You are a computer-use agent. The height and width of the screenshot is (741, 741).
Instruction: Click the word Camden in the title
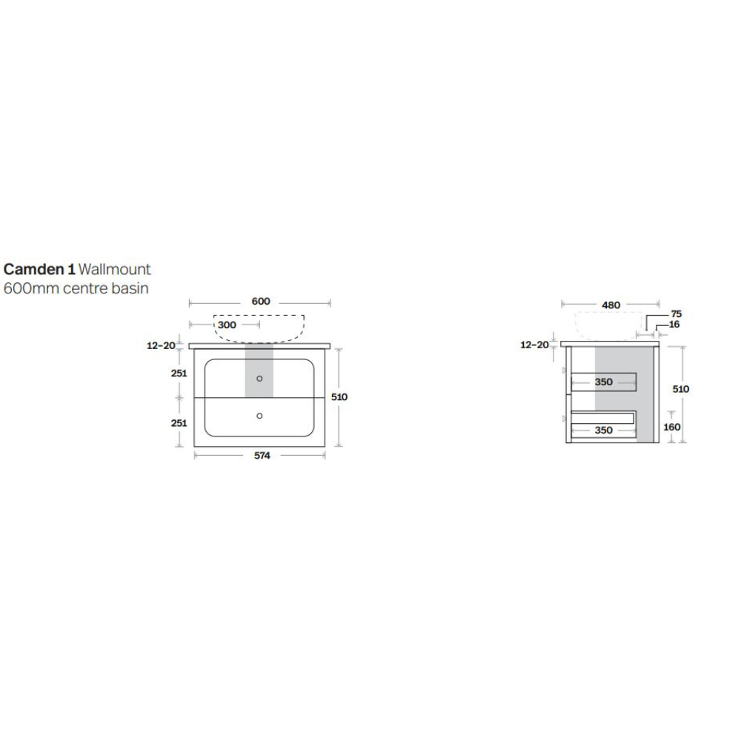click(x=35, y=270)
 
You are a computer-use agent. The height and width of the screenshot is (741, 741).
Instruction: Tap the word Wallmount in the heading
click(x=114, y=270)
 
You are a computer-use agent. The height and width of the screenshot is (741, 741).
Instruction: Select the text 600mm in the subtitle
click(x=31, y=288)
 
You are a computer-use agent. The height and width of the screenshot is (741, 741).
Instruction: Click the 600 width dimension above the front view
click(x=261, y=302)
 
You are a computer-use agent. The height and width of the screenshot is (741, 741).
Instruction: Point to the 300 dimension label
click(x=227, y=325)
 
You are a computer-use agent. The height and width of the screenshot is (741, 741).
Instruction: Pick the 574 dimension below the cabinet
click(x=262, y=456)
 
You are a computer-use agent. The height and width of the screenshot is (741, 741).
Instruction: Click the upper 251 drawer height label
click(x=179, y=373)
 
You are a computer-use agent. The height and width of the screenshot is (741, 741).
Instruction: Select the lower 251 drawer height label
click(x=179, y=423)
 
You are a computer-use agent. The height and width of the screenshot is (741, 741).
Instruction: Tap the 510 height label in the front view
click(x=339, y=397)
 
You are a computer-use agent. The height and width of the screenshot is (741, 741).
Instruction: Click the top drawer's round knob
click(x=259, y=379)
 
